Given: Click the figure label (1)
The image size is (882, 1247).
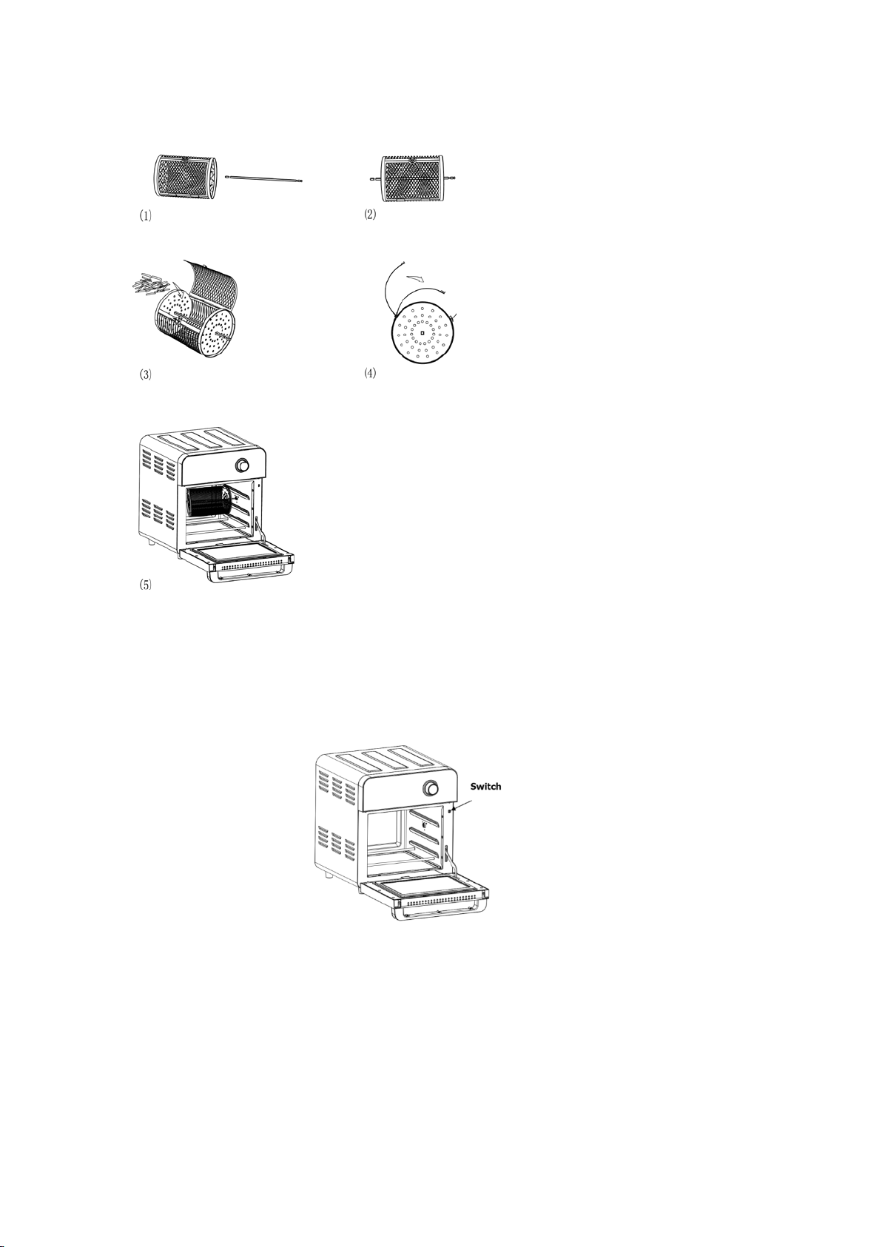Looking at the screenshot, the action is [145, 216].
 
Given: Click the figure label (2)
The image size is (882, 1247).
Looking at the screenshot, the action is [370, 215].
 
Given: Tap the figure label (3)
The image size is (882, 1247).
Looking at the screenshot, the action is [145, 374].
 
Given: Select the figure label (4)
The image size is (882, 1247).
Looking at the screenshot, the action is [370, 373].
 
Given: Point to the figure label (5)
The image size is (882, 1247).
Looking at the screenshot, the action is [145, 585].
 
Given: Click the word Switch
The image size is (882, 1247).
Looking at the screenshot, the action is [486, 787].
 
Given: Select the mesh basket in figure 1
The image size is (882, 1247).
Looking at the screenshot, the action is [185, 176].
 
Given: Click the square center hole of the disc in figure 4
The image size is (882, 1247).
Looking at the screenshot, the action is [423, 334].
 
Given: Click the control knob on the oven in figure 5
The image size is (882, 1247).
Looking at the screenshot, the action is [242, 465].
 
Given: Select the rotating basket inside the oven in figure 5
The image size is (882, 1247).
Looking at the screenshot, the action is [209, 503].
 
